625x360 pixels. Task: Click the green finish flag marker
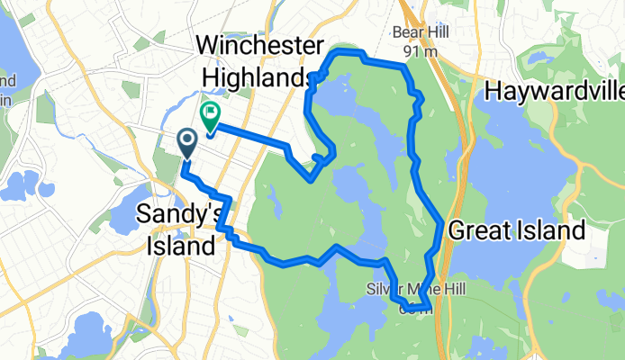coord(211,115)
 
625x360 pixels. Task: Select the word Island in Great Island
coord(551,230)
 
